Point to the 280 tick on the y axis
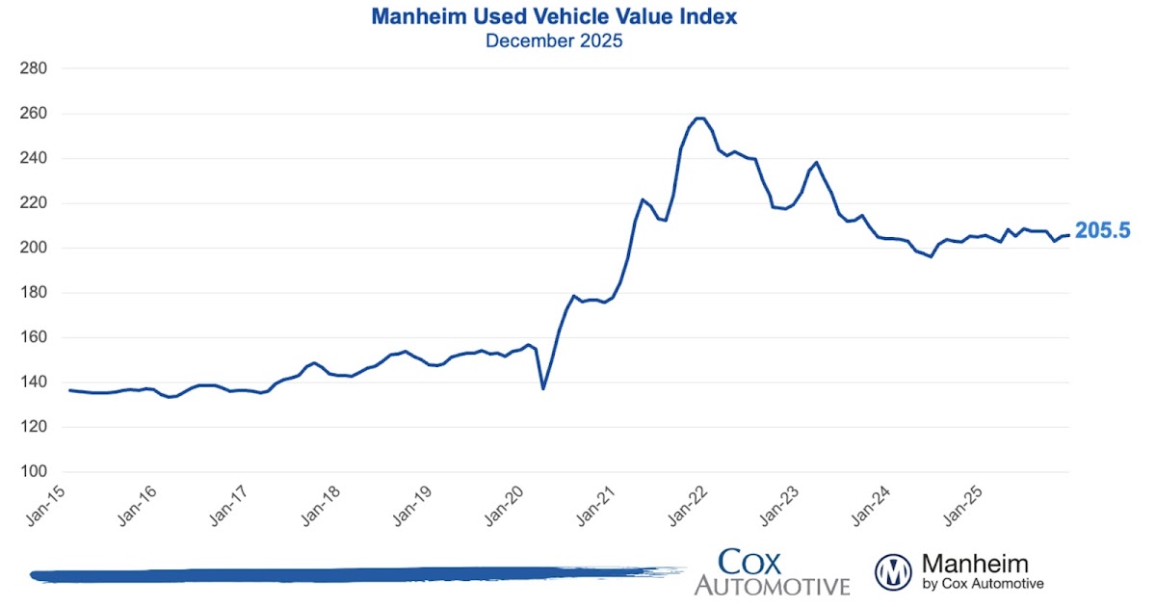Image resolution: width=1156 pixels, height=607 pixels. [x=34, y=69]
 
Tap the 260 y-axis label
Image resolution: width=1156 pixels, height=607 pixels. [x=34, y=114]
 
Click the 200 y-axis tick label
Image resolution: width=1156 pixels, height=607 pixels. [x=34, y=249]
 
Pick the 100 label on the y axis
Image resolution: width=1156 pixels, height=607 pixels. [x=34, y=472]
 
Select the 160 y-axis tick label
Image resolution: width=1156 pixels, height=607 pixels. [x=34, y=338]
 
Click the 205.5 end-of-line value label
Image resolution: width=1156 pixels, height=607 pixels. [x=1102, y=231]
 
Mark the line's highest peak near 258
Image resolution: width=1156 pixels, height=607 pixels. [x=699, y=119]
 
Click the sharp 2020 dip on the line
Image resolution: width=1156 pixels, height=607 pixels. [x=543, y=388]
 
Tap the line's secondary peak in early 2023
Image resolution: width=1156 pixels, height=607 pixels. [x=817, y=163]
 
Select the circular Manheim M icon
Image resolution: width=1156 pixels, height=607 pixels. [x=893, y=572]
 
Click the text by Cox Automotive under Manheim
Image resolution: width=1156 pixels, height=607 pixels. [x=983, y=584]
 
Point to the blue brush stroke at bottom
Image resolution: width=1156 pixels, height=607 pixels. [x=347, y=575]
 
